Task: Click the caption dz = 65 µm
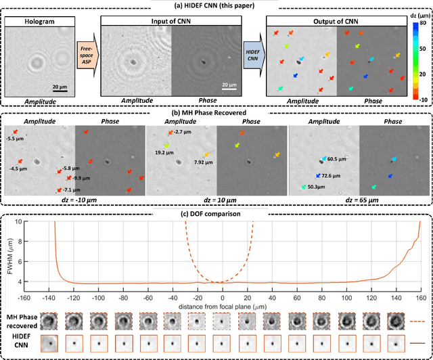pyautogui.click(x=359, y=202)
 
